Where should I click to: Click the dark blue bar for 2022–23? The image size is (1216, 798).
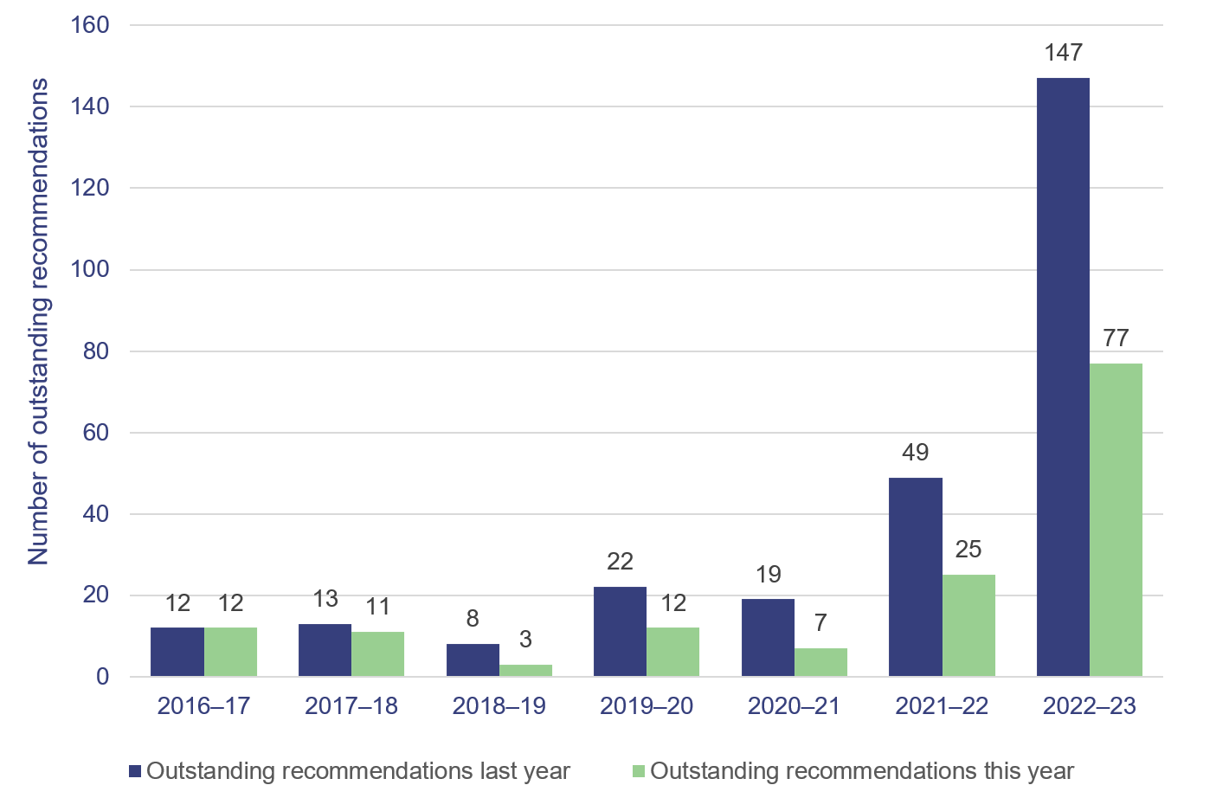tap(1063, 376)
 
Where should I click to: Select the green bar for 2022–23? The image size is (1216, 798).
tap(1116, 519)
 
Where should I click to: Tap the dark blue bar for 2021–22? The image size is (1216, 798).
tap(915, 576)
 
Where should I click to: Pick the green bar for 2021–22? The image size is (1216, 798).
tap(968, 625)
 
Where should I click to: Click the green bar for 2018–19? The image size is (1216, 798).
tap(525, 670)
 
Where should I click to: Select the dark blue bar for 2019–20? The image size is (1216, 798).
tap(620, 631)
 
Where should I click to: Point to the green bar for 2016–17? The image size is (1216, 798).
tap(230, 652)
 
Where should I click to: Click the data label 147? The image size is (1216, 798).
tap(1063, 53)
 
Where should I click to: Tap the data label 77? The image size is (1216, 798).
tap(1116, 338)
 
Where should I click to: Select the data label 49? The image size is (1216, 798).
tap(915, 453)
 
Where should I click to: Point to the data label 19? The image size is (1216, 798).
tap(768, 575)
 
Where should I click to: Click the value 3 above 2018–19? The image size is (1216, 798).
tap(525, 640)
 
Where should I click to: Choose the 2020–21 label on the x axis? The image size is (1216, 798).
tap(794, 706)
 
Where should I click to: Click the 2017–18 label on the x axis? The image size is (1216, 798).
tap(351, 706)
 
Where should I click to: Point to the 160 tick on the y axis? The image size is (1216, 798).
tap(90, 25)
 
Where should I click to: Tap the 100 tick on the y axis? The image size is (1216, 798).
tap(90, 269)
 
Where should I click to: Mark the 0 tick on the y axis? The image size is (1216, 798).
tap(102, 677)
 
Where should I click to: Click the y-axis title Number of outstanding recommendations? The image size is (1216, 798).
tap(39, 321)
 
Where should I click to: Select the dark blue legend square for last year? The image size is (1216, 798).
tap(135, 771)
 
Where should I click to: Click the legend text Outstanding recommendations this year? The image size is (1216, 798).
tap(861, 771)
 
